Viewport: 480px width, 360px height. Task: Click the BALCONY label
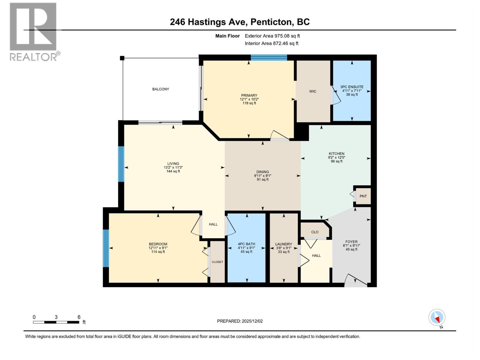coord(160,89)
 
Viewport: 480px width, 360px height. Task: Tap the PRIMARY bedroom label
coord(249,96)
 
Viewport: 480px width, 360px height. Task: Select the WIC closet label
coord(313,91)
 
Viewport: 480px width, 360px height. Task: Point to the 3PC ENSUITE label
coord(352,87)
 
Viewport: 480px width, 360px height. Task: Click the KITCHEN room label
coord(336,154)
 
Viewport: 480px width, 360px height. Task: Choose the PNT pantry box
coord(363,196)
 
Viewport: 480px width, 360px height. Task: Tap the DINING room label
coord(262,172)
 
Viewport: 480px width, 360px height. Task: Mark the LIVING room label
coord(173,163)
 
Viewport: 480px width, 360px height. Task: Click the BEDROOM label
coord(158,244)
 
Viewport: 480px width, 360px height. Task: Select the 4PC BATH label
coord(246,244)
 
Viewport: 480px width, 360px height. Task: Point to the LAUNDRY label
coord(283,244)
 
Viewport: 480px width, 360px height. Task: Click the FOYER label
coord(351,242)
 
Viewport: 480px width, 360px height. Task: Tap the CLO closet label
coord(315,232)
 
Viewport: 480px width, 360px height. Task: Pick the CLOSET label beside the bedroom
coord(217,262)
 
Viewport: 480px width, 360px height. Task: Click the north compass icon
coord(437,318)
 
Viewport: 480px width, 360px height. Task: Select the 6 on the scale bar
coord(79,317)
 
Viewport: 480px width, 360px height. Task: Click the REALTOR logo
coord(34,31)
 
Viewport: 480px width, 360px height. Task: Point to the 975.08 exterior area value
coord(283,36)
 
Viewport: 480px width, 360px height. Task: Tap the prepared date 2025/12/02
coord(252,321)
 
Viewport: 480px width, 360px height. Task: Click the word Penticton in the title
coord(271,22)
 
